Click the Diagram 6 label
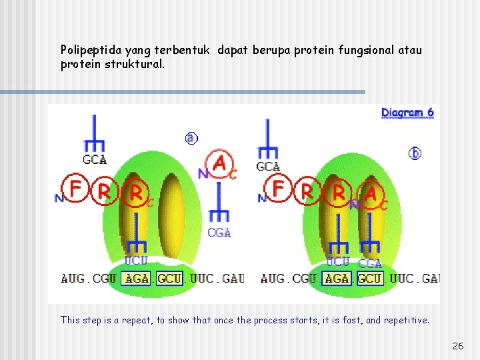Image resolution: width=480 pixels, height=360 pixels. click(x=407, y=113)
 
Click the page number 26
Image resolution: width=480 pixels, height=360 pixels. click(x=457, y=346)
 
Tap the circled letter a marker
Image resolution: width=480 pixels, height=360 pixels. click(x=191, y=138)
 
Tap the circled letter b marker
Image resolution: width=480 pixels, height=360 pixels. click(x=415, y=153)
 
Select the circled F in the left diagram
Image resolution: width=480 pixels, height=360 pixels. click(x=75, y=188)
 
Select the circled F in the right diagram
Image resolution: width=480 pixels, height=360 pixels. click(x=278, y=189)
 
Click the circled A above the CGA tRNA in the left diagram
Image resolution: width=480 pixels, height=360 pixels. click(x=219, y=163)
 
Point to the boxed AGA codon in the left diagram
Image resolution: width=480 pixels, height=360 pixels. click(x=137, y=278)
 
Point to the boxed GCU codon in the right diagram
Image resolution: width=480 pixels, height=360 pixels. click(x=370, y=278)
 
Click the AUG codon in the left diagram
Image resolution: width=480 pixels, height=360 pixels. click(x=73, y=278)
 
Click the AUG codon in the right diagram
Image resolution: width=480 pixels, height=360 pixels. click(x=272, y=278)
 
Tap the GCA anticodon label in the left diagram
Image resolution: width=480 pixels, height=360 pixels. click(x=94, y=160)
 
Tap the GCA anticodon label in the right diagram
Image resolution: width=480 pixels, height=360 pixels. click(x=268, y=167)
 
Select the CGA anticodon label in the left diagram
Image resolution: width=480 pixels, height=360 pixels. click(x=219, y=233)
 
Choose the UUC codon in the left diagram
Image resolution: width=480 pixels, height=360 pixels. click(x=202, y=278)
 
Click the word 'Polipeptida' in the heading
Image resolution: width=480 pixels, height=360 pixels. click(x=87, y=50)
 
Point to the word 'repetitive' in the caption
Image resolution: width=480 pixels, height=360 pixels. click(x=405, y=320)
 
